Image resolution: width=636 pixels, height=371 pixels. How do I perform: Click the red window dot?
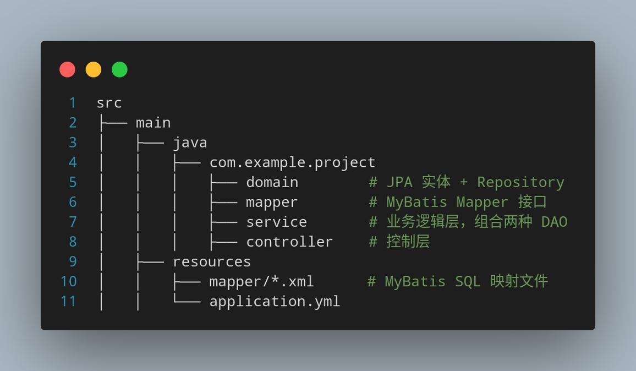(x=67, y=69)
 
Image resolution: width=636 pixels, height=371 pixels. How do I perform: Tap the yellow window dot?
(x=94, y=69)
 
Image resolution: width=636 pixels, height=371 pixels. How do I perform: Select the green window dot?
(x=119, y=69)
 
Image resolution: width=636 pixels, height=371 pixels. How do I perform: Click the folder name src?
(x=109, y=103)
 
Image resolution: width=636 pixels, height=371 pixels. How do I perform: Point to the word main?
(x=153, y=123)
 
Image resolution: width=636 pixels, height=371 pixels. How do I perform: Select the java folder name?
(x=190, y=143)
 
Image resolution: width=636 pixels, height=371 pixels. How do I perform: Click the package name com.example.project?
(x=293, y=162)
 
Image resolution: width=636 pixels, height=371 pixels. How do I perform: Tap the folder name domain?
(x=272, y=182)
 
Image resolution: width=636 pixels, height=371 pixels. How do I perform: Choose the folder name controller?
(x=289, y=242)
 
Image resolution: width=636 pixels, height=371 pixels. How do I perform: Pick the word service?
(x=277, y=222)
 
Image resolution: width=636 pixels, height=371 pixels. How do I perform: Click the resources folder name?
(x=212, y=262)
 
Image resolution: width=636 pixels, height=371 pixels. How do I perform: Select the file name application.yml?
(x=275, y=302)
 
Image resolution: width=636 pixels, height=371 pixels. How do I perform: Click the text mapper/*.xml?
(x=262, y=282)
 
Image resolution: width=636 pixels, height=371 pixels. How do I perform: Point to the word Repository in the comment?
(x=520, y=183)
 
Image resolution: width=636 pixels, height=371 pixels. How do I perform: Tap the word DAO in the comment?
(x=554, y=222)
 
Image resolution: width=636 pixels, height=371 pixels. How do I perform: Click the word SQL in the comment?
(x=468, y=282)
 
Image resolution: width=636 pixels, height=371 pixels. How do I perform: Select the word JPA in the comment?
(x=399, y=182)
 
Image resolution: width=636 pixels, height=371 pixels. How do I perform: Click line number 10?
(x=69, y=282)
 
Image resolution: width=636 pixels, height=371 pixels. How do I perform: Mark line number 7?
(x=73, y=222)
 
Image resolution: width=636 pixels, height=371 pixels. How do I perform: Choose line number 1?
(x=73, y=103)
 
